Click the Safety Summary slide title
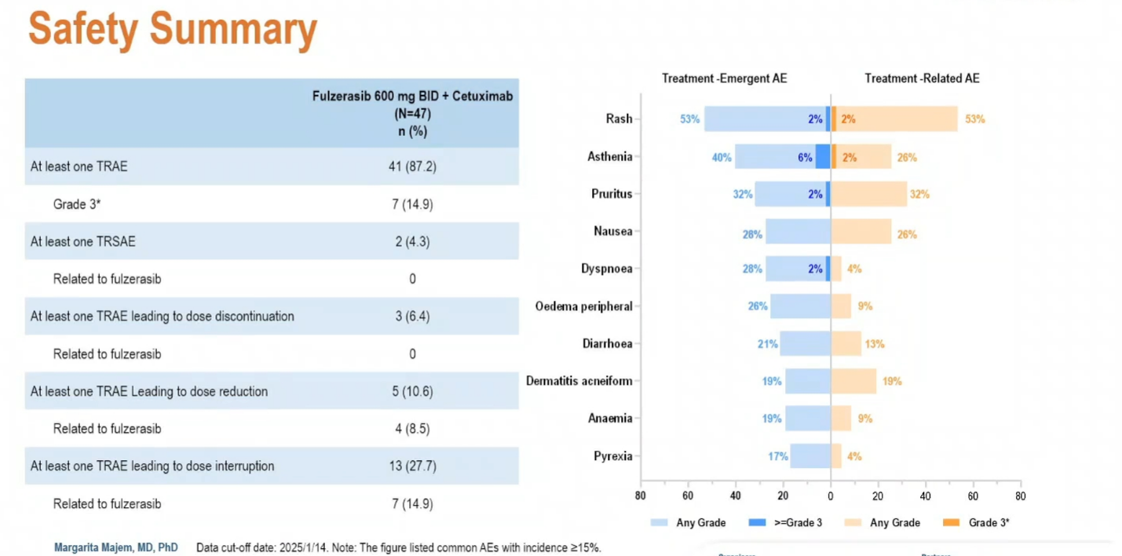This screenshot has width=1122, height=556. pos(173,30)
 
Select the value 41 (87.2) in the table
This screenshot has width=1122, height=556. pos(412,166)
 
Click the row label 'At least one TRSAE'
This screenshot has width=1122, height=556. pos(83,241)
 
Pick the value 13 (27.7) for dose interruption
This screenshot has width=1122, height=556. pos(412,466)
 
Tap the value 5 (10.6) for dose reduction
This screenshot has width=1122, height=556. pos(412,391)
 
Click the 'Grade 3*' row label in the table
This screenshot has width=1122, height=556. pos(77,204)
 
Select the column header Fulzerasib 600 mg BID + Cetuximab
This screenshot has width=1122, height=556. pos(412,97)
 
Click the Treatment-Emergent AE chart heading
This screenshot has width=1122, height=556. pos(724,79)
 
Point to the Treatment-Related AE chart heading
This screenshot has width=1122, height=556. pos(922,79)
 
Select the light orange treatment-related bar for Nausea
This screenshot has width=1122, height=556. pos(861,232)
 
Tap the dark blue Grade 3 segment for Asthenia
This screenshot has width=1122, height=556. pos(822,156)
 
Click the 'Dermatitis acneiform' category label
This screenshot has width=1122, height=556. pos(579,381)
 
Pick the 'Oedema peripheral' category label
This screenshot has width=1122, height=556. pos(583,306)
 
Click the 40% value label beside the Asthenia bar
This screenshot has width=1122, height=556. pos(722,157)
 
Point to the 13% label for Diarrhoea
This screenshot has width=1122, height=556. pos(875,344)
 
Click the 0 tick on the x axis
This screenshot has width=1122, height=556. pos(830,496)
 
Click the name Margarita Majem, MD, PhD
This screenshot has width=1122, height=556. pos(115,547)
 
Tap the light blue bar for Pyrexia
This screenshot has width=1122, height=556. pos(810,456)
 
